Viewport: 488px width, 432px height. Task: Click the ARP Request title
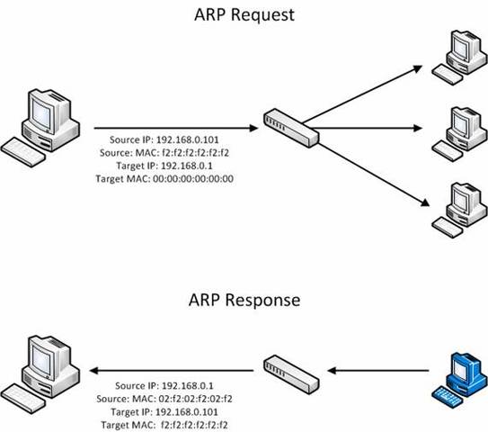pos(243,15)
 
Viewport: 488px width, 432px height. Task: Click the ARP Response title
pos(244,298)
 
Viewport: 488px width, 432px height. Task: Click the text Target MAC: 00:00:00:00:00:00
pos(164,179)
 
